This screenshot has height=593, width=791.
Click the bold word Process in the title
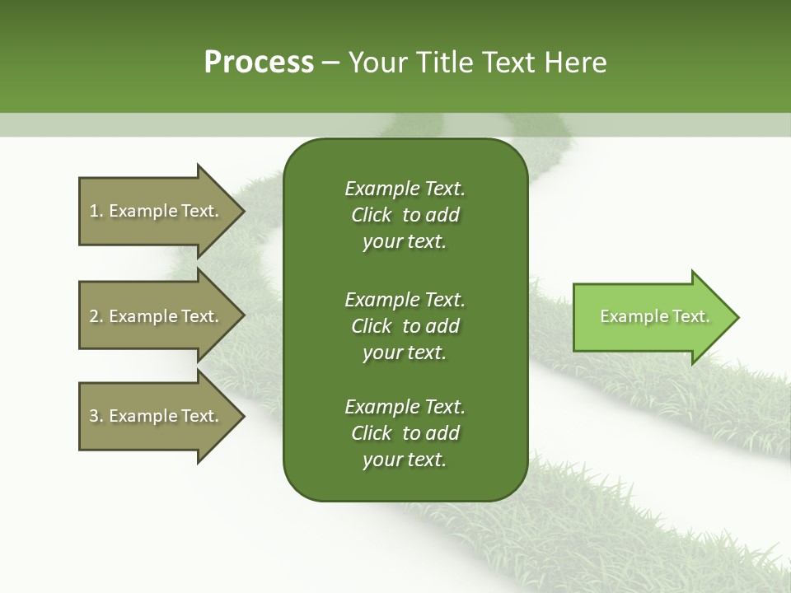259,63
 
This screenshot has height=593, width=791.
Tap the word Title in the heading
442,63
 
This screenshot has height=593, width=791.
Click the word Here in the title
574,63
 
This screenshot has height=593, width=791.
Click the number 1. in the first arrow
96,211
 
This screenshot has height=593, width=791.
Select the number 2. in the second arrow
96,316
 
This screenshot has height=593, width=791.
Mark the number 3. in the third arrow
96,416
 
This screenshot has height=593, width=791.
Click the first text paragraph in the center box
405,215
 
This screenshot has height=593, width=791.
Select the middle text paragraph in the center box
405,326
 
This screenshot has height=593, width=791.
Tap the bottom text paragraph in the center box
405,433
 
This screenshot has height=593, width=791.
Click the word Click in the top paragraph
372,215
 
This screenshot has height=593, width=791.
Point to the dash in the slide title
331,63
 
